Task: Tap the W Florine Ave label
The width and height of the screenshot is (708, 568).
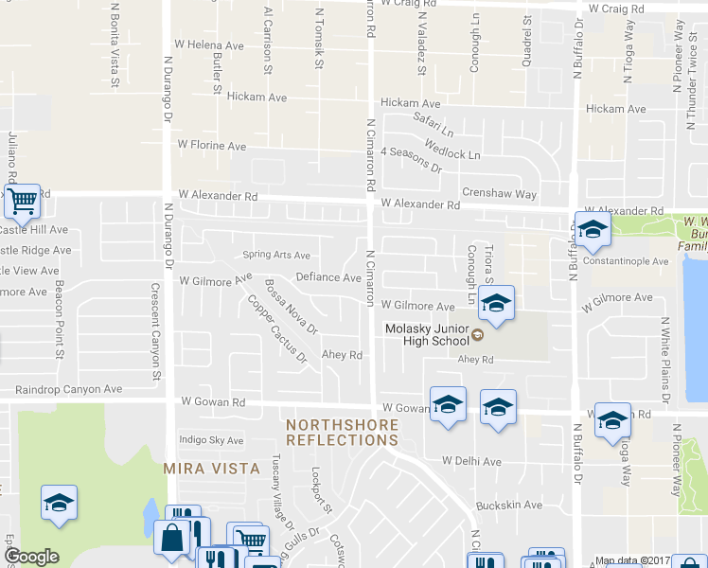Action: (x=212, y=147)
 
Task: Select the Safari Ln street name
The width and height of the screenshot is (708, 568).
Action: (x=434, y=121)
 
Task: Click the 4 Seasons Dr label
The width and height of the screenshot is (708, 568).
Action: (x=411, y=158)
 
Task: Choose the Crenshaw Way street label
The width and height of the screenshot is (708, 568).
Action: (x=499, y=194)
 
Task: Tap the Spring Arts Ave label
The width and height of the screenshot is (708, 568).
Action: (x=276, y=255)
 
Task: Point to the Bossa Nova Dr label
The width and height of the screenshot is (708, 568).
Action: (x=291, y=305)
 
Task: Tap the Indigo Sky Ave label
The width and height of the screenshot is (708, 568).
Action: (x=211, y=440)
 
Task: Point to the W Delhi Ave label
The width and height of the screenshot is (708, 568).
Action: (x=470, y=461)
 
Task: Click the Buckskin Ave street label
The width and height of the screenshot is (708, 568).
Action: (x=509, y=506)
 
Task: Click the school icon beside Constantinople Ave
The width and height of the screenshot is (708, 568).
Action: (x=593, y=228)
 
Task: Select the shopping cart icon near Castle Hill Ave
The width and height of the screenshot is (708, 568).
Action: (x=22, y=201)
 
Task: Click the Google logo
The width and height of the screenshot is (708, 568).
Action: (x=31, y=557)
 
